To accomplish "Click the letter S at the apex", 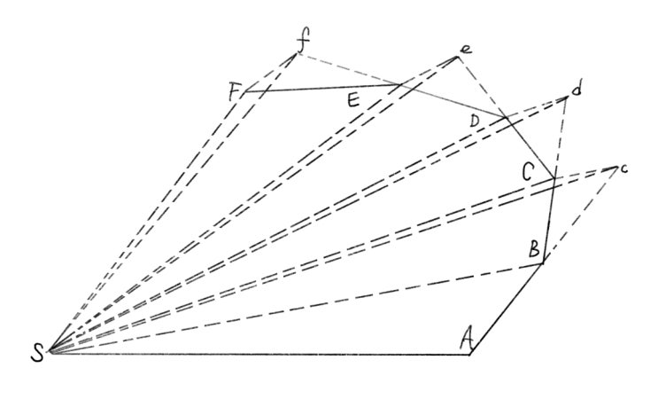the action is (x=37, y=353).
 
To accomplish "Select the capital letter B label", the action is (x=534, y=248).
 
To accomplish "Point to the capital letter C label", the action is (x=528, y=172).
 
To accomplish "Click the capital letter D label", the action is (x=474, y=121).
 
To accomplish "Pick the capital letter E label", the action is (x=353, y=101).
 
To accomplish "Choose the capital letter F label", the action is (x=234, y=92).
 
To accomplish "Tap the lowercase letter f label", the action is (x=303, y=42).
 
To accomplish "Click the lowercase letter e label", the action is (x=466, y=50).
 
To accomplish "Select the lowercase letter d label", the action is (x=577, y=89).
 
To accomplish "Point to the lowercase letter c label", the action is (x=623, y=168).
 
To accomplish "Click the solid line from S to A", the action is (x=259, y=354).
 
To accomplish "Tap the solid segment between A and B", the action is (x=507, y=309).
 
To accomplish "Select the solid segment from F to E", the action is (x=321, y=88).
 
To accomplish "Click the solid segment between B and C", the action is (x=549, y=221).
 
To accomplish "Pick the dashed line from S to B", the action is (x=297, y=308).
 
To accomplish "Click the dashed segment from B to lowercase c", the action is (x=579, y=215).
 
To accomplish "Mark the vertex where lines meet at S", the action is (x=50, y=352).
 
